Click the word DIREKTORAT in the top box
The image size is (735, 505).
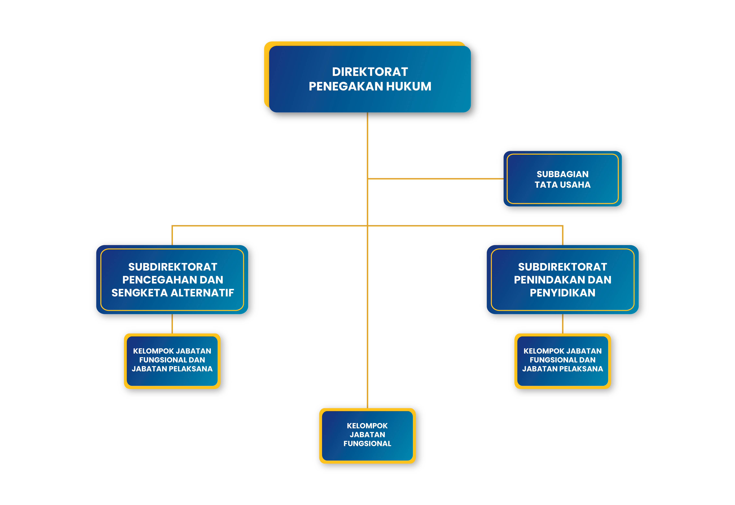tap(370, 72)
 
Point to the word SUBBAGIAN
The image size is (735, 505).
tap(562, 174)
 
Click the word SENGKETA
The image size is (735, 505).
tap(139, 293)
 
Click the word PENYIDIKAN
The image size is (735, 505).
tap(562, 293)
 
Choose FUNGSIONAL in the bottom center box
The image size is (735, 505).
tap(367, 444)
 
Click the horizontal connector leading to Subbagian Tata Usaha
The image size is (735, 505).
tap(436, 179)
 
